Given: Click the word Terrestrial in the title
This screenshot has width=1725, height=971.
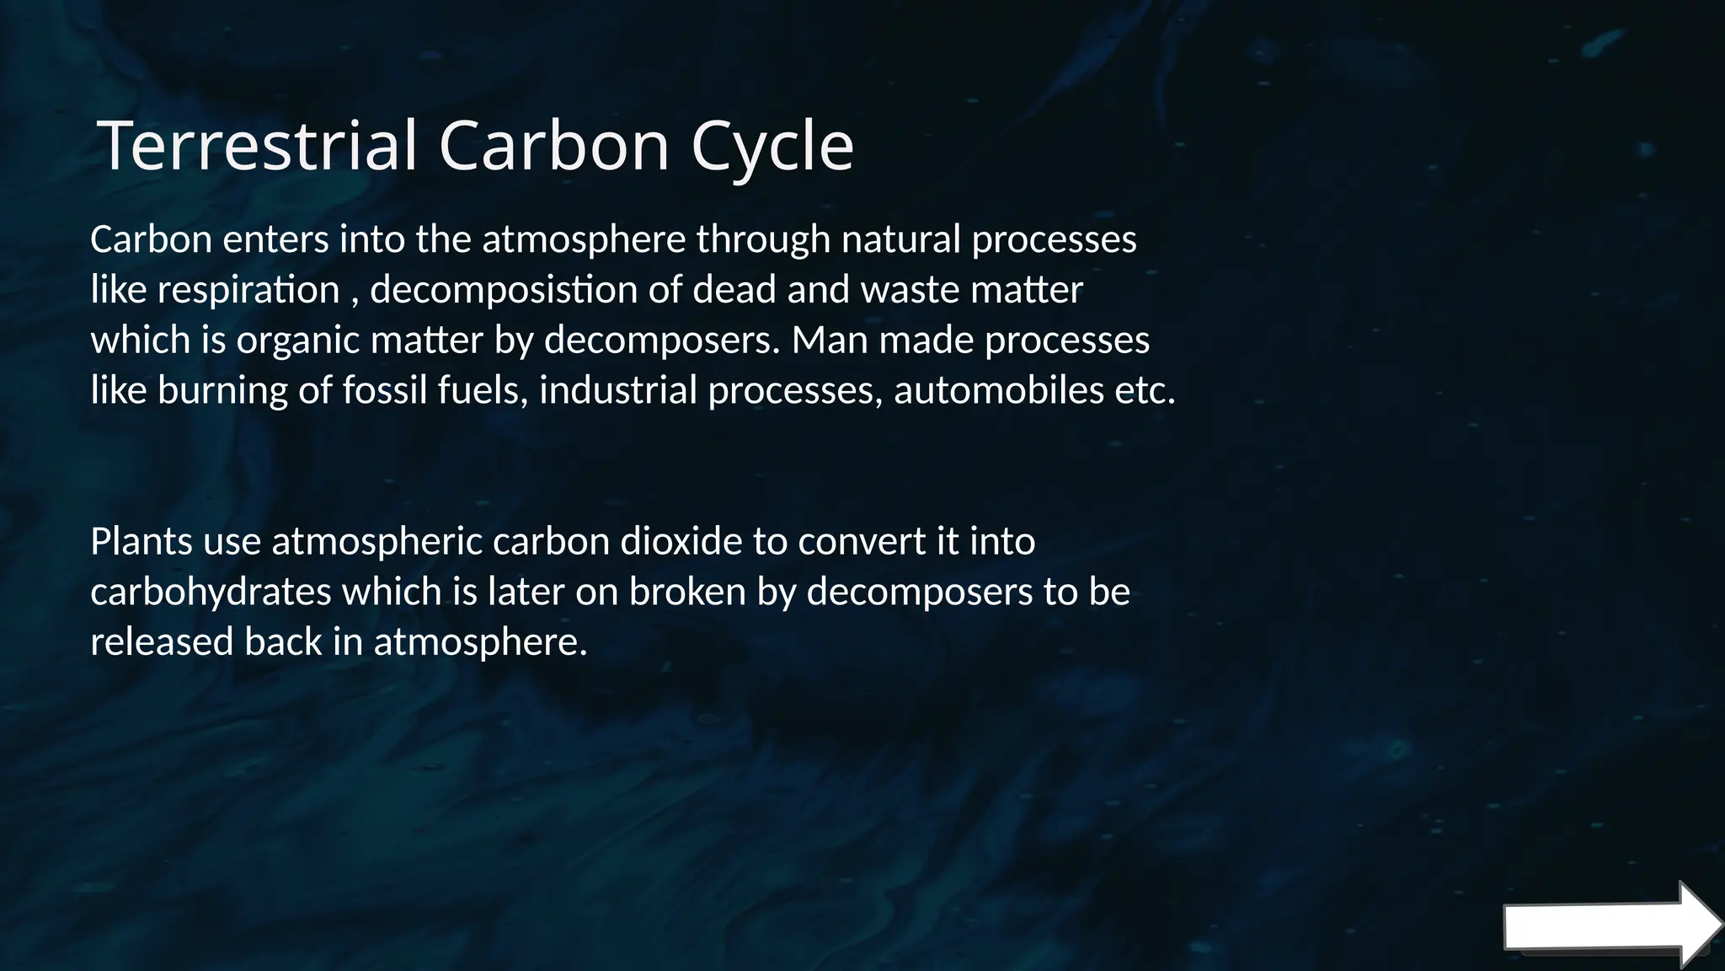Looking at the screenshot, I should (x=258, y=145).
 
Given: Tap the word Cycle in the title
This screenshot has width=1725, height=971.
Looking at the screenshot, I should (x=772, y=147).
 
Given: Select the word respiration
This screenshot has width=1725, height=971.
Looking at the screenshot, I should (x=248, y=291).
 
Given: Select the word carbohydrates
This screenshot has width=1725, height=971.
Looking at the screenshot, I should (x=211, y=592).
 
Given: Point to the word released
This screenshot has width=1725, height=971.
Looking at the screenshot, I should (x=162, y=642).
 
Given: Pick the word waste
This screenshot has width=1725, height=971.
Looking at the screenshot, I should (x=910, y=291).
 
